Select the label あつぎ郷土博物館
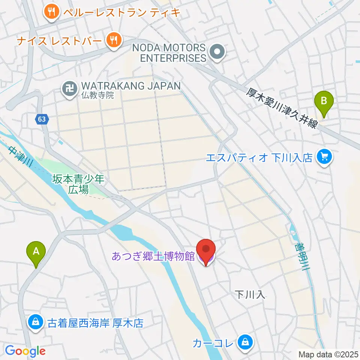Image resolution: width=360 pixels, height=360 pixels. (x=153, y=257)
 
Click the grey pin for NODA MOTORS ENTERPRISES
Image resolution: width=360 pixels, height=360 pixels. (x=217, y=52)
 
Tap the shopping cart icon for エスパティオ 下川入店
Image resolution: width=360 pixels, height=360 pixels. (x=324, y=157)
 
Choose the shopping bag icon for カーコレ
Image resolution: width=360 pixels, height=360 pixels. (x=244, y=342)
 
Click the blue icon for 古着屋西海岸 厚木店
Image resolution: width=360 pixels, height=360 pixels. (x=35, y=322)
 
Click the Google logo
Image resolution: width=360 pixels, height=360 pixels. (x=25, y=351)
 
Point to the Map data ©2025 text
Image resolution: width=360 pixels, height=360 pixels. (x=328, y=354)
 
